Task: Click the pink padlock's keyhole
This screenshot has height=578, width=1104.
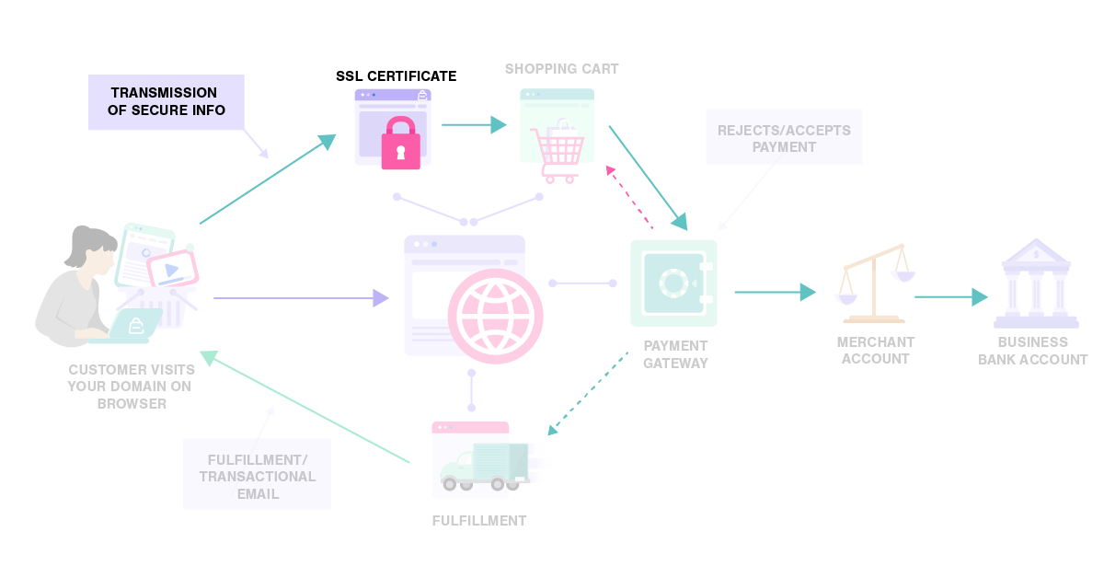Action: (x=400, y=152)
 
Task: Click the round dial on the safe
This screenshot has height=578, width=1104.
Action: (x=673, y=283)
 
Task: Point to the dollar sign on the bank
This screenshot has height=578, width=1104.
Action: (x=1036, y=254)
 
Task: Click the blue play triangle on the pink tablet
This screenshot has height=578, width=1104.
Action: (x=171, y=270)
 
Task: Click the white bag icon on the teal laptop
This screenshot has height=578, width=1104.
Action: (x=135, y=325)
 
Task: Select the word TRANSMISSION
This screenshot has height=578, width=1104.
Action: (x=164, y=93)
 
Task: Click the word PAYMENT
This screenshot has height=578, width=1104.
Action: (x=784, y=147)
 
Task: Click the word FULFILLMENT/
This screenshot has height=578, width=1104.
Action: (x=258, y=459)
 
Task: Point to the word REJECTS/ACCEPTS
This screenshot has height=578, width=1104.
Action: (x=784, y=130)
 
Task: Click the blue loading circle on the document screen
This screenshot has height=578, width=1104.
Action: (x=146, y=253)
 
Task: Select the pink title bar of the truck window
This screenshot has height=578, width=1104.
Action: (x=470, y=427)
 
